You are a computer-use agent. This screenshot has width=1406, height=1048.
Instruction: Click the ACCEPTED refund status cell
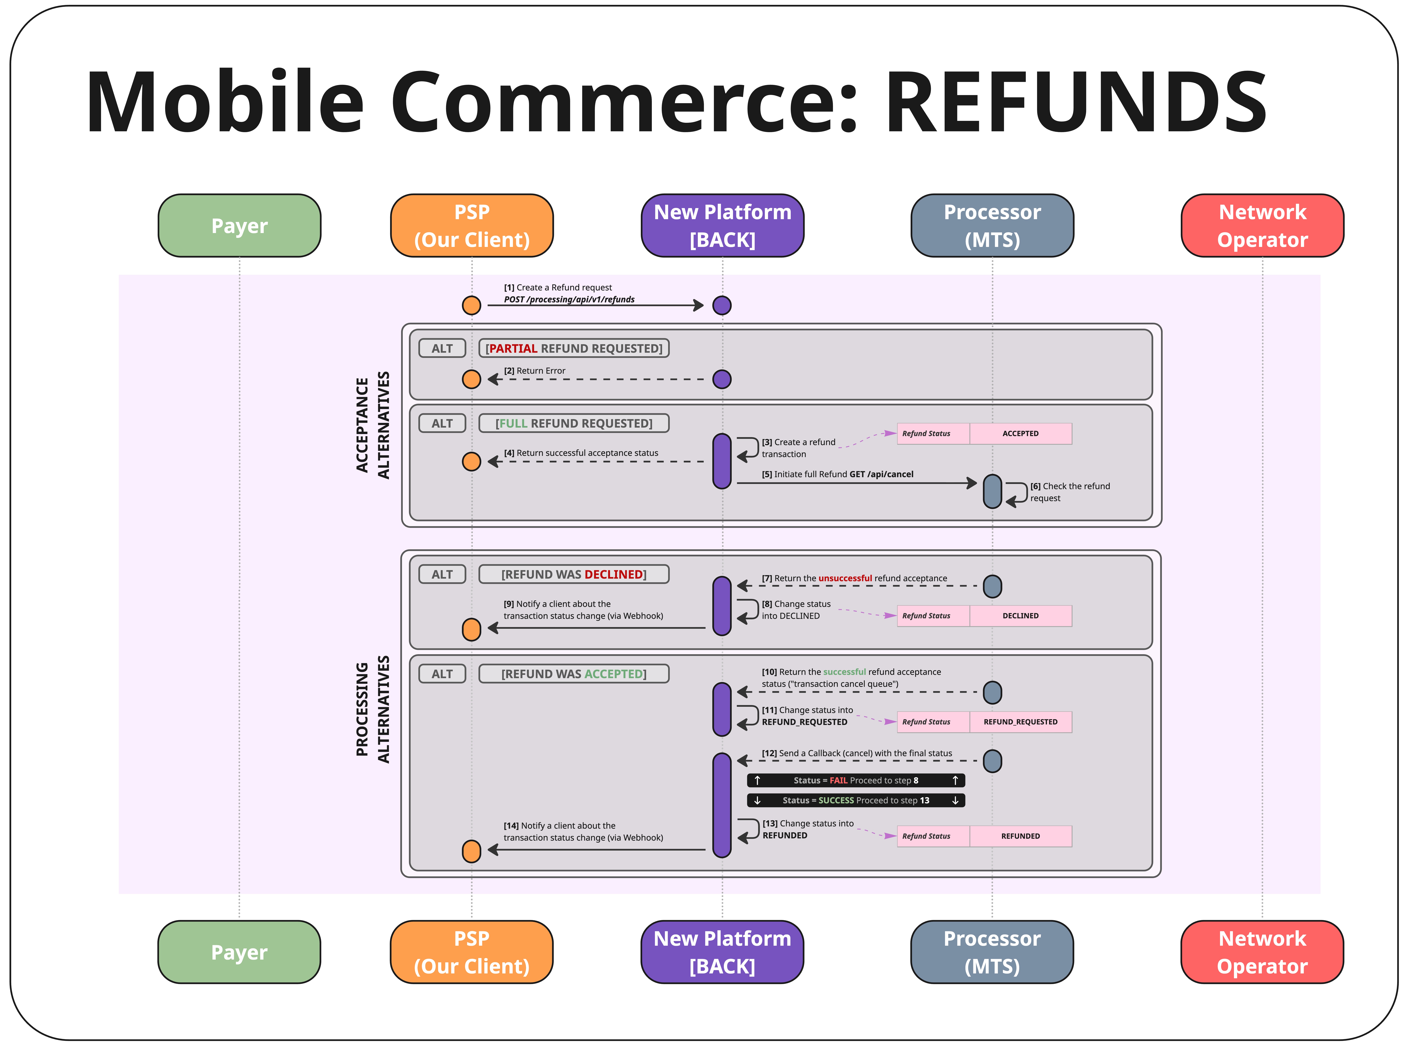(1020, 433)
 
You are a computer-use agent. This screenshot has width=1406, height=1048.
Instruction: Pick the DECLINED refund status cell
(1020, 615)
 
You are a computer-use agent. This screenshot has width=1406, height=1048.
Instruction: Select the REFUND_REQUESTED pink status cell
(1020, 722)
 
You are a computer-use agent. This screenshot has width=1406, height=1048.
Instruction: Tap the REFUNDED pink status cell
(1020, 836)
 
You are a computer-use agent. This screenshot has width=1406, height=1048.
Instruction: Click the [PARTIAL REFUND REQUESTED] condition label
(574, 348)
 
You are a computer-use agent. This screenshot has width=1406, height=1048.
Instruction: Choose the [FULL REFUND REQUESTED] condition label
(574, 423)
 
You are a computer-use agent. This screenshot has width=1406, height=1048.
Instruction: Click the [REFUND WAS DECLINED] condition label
(574, 574)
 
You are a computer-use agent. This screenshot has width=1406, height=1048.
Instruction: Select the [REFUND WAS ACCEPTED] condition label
(574, 674)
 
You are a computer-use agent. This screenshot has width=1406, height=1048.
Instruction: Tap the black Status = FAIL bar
(856, 780)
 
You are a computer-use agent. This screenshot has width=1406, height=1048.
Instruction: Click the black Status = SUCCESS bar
(856, 801)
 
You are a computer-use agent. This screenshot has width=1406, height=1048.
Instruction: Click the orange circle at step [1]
(471, 305)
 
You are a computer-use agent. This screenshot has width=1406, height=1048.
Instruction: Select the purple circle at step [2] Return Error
(722, 379)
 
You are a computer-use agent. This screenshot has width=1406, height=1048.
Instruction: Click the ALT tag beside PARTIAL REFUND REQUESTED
(442, 348)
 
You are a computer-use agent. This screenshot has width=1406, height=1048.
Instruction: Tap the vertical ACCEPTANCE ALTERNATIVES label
(372, 425)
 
